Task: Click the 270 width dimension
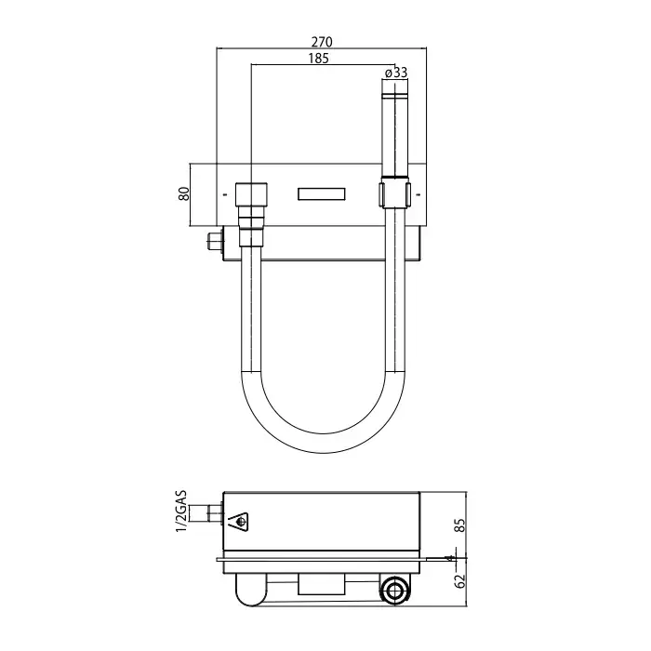coord(322,42)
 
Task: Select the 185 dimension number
coord(318,59)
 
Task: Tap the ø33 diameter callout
coord(396,73)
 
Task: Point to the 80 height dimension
coord(184,193)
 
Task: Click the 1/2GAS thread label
coord(181,511)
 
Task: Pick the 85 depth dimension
coord(461,525)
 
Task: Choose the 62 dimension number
coord(461,581)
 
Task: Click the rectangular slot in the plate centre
coord(322,194)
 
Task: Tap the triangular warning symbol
coord(239,522)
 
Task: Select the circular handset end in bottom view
coord(392,590)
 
